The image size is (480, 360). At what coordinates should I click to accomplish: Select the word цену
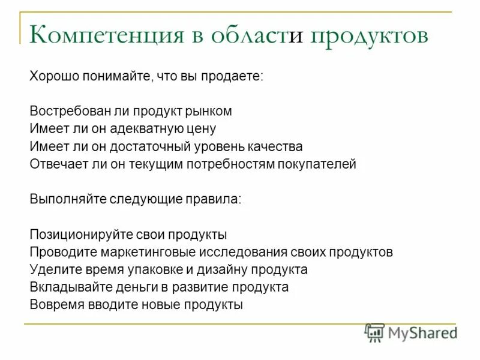[201, 129]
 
